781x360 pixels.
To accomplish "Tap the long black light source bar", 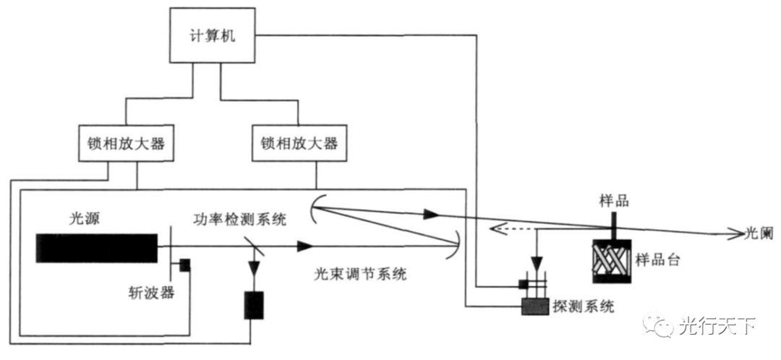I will point(98,247).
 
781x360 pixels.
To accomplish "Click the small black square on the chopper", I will point(185,265).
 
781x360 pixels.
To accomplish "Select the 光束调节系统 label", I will point(360,274).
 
